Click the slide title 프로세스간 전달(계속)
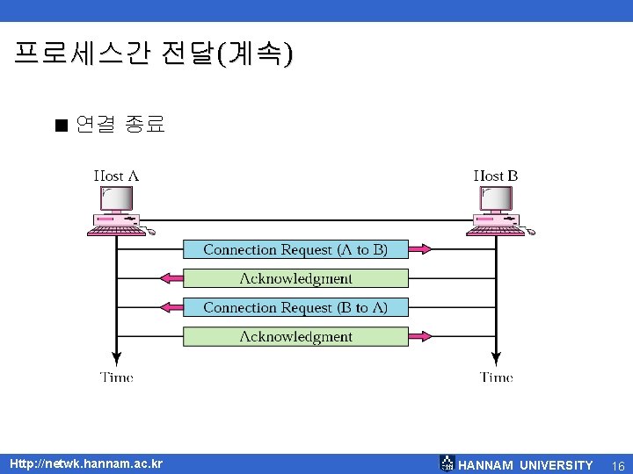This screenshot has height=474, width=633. tap(154, 54)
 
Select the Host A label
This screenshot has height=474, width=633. tap(116, 176)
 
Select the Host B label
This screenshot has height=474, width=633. tap(496, 176)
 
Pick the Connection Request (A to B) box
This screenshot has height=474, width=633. tap(295, 249)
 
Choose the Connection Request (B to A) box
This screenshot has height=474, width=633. tap(295, 307)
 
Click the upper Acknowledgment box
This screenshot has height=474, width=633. tap(295, 278)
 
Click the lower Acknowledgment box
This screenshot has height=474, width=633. tap(295, 336)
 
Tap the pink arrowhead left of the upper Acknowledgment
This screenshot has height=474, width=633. tap(171, 278)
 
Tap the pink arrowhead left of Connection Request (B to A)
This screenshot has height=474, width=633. tap(171, 307)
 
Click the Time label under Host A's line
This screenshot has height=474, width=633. tap(117, 377)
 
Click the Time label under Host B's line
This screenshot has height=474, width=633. tap(497, 377)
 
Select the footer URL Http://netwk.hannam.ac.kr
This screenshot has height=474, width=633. tap(86, 463)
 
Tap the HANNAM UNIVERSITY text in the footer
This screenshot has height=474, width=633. tap(526, 465)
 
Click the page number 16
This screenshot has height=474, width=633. tap(617, 465)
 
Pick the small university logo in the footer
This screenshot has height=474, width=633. tap(447, 463)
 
